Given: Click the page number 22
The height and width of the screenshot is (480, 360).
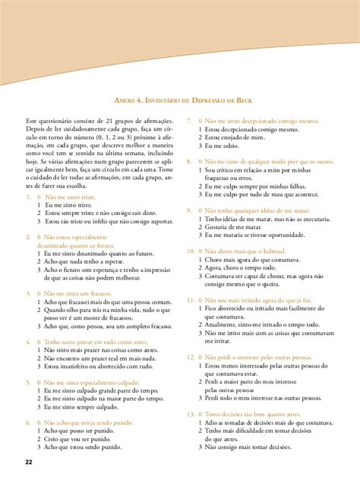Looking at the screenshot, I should [28, 463].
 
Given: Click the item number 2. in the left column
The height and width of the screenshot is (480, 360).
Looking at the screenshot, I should [28, 237].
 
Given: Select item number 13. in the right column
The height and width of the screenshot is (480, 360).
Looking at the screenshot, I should [191, 414].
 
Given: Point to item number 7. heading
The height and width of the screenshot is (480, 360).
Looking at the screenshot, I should [191, 121].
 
